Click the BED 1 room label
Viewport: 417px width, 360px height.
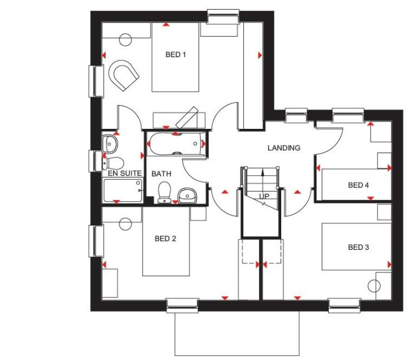175,55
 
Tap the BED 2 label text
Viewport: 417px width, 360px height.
165,238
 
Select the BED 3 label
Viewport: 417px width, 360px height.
359,248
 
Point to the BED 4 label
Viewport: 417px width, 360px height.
359,185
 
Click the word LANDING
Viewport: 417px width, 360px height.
284,148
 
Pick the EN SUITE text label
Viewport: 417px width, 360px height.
124,174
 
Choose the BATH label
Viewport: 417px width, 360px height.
161,174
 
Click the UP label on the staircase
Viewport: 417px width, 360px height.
264,196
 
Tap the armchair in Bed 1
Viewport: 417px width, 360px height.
124,75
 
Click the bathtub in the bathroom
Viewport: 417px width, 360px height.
175,144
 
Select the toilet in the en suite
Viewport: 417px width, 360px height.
114,162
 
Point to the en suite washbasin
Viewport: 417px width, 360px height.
110,144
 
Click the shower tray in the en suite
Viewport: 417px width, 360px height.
123,190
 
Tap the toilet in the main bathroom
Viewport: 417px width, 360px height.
164,192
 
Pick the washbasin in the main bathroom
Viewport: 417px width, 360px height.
187,196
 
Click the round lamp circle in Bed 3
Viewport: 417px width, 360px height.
374,286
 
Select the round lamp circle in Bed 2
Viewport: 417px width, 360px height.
125,224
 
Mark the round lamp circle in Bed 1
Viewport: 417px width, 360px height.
126,40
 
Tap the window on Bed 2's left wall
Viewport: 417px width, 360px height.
96,241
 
